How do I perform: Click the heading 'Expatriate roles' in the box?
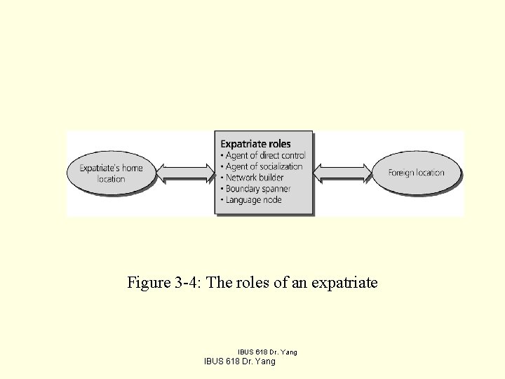255,144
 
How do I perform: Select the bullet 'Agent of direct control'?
264,155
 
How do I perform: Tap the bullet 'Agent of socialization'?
262,166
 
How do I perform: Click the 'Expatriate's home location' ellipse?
111,173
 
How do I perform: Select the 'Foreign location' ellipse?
417,173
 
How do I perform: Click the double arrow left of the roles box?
184,172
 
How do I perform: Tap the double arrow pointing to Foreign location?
343,172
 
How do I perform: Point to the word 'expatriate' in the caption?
344,283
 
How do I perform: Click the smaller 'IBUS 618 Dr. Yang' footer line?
267,352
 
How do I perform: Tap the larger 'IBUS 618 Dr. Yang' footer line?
239,361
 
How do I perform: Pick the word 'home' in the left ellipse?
131,168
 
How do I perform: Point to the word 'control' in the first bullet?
292,155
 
